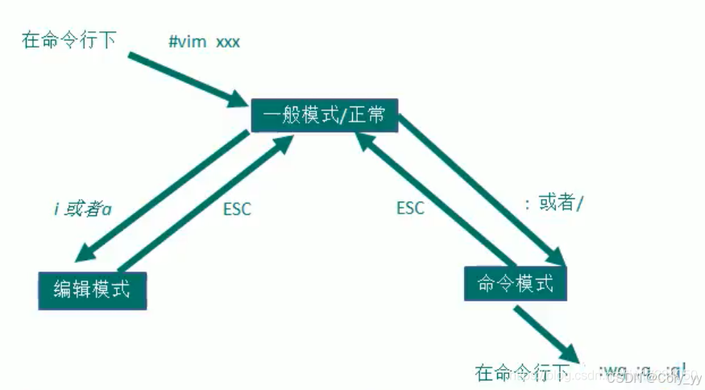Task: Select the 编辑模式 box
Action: coord(93,288)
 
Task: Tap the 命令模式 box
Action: coord(516,284)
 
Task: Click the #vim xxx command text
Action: coord(204,41)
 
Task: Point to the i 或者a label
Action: coord(82,209)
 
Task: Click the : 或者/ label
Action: coord(553,204)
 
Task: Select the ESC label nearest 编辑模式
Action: coord(236,209)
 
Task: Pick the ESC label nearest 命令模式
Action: coord(410,208)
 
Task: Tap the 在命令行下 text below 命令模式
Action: coord(523,372)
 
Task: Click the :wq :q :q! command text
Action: coord(641,371)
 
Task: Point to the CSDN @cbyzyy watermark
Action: coord(653,378)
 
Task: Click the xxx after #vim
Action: coord(227,41)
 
